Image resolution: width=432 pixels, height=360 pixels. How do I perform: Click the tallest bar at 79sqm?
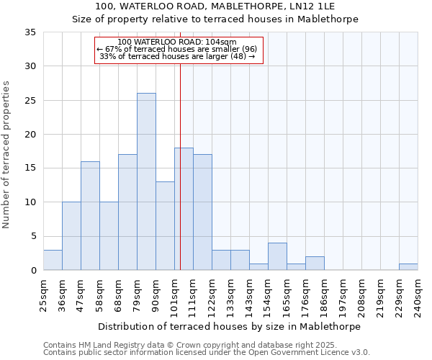click(x=146, y=181)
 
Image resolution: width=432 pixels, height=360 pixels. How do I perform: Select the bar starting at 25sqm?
click(x=53, y=260)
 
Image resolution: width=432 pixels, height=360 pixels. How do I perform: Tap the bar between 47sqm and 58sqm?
click(x=90, y=216)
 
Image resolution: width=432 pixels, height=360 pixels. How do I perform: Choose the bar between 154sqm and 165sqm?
click(x=277, y=256)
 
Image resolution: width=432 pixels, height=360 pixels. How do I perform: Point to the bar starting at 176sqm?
click(x=315, y=264)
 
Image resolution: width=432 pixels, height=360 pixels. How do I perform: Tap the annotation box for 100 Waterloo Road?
click(x=179, y=50)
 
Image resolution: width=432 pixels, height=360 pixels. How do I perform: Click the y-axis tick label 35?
click(x=30, y=32)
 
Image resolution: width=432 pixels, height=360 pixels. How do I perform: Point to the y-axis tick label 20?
click(x=30, y=135)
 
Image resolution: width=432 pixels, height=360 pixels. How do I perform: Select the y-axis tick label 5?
click(x=32, y=237)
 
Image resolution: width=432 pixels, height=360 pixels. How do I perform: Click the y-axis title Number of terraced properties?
click(x=7, y=155)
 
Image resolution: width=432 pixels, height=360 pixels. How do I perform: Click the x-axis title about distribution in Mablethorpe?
click(x=230, y=326)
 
